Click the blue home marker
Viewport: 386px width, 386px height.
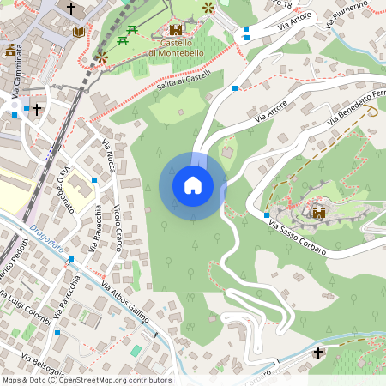pos(193,185)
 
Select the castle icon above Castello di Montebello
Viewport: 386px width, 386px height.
pos(176,30)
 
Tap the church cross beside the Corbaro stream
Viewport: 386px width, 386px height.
pos(318,353)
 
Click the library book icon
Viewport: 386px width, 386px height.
pos(79,32)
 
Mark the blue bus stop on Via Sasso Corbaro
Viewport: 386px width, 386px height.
pos(267,214)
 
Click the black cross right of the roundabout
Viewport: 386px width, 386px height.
pos(37,109)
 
